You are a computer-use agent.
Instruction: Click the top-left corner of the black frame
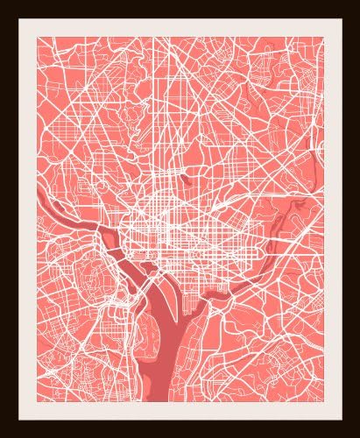pyautogui.click(x=3, y=3)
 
